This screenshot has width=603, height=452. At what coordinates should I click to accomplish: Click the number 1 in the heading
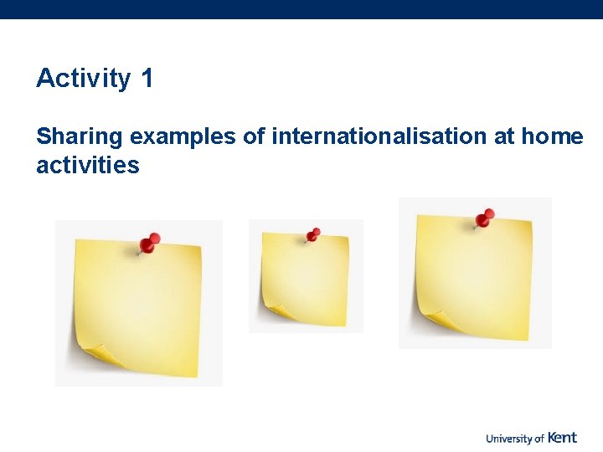pos(147,79)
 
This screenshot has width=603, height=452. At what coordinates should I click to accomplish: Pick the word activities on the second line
pos(87,165)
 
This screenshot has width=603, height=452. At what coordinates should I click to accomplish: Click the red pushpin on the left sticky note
pos(149,244)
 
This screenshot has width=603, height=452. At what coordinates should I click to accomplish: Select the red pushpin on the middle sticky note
pos(313,234)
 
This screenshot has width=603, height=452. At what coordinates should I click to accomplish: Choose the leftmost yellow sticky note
pos(138,306)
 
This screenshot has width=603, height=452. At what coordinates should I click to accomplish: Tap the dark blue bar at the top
pos(301,9)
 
